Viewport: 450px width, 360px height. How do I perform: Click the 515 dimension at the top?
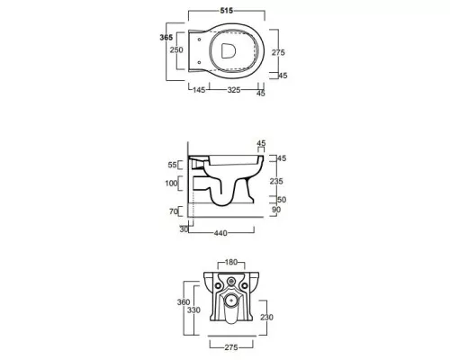[227, 11]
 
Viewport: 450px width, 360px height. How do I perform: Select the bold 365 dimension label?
[166, 37]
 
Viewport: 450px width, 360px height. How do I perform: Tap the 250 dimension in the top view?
[176, 49]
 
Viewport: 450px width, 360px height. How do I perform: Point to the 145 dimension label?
[199, 90]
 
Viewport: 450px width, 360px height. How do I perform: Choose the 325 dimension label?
[234, 90]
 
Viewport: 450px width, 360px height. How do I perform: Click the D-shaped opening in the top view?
[228, 50]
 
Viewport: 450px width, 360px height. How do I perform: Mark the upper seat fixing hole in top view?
[199, 39]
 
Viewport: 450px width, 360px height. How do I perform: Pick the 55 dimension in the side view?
[172, 165]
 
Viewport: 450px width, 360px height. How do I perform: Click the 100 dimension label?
[171, 183]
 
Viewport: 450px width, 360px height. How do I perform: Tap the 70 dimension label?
[174, 211]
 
